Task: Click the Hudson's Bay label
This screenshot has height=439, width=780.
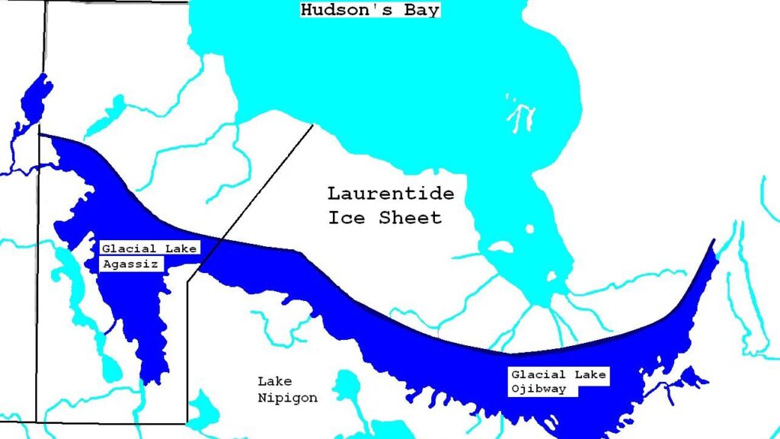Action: coord(370,10)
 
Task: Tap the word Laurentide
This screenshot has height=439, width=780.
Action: coord(390,194)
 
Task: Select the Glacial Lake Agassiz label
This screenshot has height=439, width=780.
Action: coord(149,257)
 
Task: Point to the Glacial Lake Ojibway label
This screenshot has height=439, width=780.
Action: coord(558,382)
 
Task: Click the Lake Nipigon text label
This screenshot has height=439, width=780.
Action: coord(287,389)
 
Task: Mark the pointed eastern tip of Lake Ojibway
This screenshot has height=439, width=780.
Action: coord(714,243)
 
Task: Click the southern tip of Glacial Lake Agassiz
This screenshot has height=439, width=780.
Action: coord(151,379)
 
